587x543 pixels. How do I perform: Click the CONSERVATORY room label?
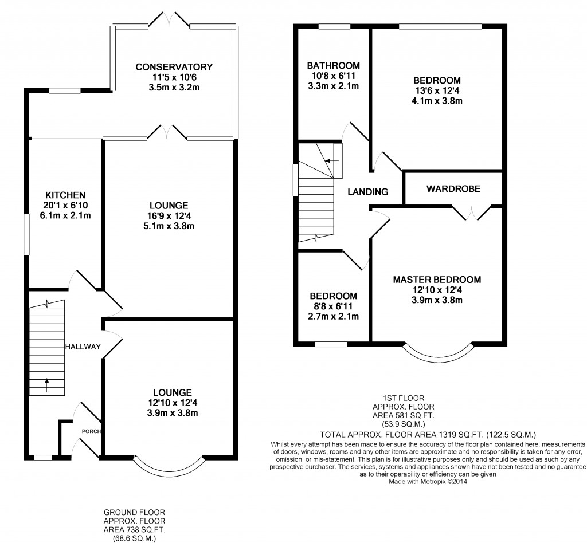(174, 67)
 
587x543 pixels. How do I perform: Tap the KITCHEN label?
(65, 195)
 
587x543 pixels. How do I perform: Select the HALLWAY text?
(83, 347)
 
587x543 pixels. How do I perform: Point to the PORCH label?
(91, 431)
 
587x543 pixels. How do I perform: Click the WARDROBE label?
(453, 189)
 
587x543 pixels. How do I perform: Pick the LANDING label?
(367, 192)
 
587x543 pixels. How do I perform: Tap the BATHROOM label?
(334, 65)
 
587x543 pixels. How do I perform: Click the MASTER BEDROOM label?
(437, 280)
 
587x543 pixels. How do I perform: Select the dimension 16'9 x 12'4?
(169, 216)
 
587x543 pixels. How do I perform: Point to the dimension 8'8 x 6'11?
(333, 306)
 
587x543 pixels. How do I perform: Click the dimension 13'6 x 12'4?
(437, 91)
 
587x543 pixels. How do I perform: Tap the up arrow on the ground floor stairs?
(47, 385)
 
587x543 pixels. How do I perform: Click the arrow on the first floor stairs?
(332, 161)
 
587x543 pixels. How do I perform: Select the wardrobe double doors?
(472, 213)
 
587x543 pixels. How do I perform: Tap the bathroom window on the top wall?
(334, 26)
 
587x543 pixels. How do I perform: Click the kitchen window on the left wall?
(26, 234)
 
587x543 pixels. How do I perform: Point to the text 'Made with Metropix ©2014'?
(428, 482)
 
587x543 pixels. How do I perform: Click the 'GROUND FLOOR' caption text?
(134, 512)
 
